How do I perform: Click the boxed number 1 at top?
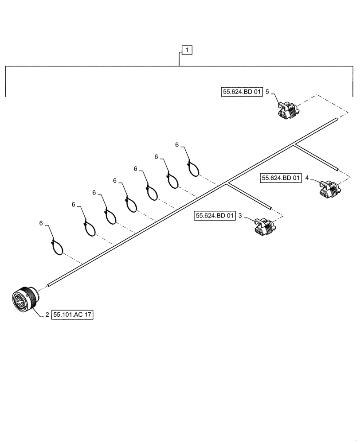187,51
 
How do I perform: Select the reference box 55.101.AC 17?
73,315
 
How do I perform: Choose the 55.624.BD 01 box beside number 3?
215,216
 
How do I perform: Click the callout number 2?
47,315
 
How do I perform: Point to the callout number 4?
306,178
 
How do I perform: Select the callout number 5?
267,92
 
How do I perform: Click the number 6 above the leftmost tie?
41,224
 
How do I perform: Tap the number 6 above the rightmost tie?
176,145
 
